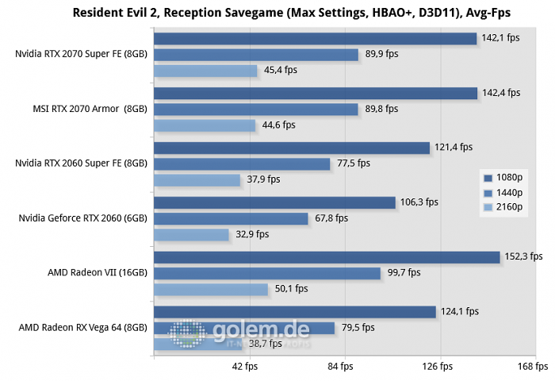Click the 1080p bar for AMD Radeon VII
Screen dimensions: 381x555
(x=327, y=257)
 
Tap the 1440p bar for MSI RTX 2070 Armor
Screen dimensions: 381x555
(x=256, y=110)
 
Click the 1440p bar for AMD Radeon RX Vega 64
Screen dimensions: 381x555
(x=244, y=328)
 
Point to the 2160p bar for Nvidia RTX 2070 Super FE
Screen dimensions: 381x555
(x=206, y=71)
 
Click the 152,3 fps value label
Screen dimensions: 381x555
(x=523, y=256)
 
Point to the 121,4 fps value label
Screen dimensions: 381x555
(x=454, y=147)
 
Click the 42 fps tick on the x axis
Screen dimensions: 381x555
(x=245, y=367)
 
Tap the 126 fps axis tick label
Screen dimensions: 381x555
(x=435, y=367)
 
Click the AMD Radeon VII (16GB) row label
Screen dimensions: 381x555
(x=98, y=272)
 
